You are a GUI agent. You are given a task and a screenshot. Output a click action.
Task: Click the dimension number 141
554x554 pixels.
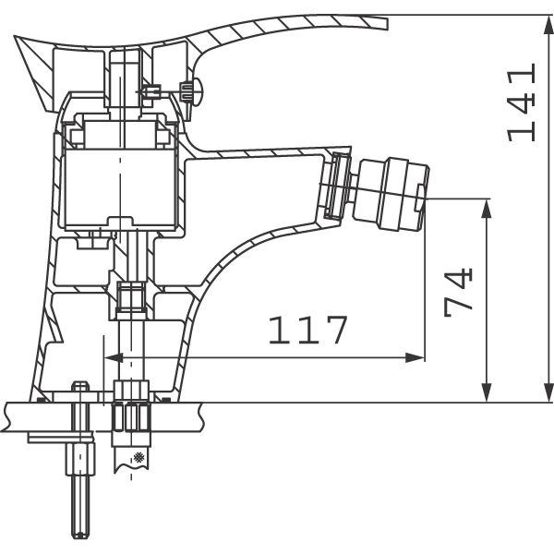(x=522, y=102)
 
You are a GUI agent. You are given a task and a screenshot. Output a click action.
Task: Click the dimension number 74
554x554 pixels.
(x=458, y=293)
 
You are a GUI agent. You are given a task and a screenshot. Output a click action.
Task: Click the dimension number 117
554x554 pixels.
(x=308, y=330)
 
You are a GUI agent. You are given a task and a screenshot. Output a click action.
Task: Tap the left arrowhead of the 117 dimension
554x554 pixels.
(x=114, y=357)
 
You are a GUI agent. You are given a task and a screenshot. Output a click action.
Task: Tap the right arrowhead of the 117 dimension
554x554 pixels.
(x=415, y=357)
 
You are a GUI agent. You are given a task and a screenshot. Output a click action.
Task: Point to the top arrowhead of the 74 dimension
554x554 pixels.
(x=488, y=209)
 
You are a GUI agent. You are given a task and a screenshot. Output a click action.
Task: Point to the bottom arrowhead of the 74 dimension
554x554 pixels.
(x=488, y=392)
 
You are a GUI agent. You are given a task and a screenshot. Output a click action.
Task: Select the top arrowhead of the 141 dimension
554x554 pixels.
(x=548, y=25)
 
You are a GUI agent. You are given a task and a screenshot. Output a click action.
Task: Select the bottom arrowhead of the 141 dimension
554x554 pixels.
(x=548, y=392)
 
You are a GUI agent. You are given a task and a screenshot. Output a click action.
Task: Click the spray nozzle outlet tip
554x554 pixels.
(x=423, y=199)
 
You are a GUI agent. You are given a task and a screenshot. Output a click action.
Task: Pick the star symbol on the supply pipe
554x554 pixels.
(x=138, y=457)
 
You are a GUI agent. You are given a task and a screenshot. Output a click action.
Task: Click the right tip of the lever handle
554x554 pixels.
(x=387, y=23)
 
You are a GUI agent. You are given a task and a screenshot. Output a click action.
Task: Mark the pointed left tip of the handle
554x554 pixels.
(x=15, y=36)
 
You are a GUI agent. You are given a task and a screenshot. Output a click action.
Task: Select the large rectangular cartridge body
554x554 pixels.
(x=120, y=187)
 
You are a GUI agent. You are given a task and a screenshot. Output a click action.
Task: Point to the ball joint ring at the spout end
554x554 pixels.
(x=337, y=186)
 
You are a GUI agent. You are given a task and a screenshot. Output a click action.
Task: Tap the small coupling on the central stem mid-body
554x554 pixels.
(x=131, y=299)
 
